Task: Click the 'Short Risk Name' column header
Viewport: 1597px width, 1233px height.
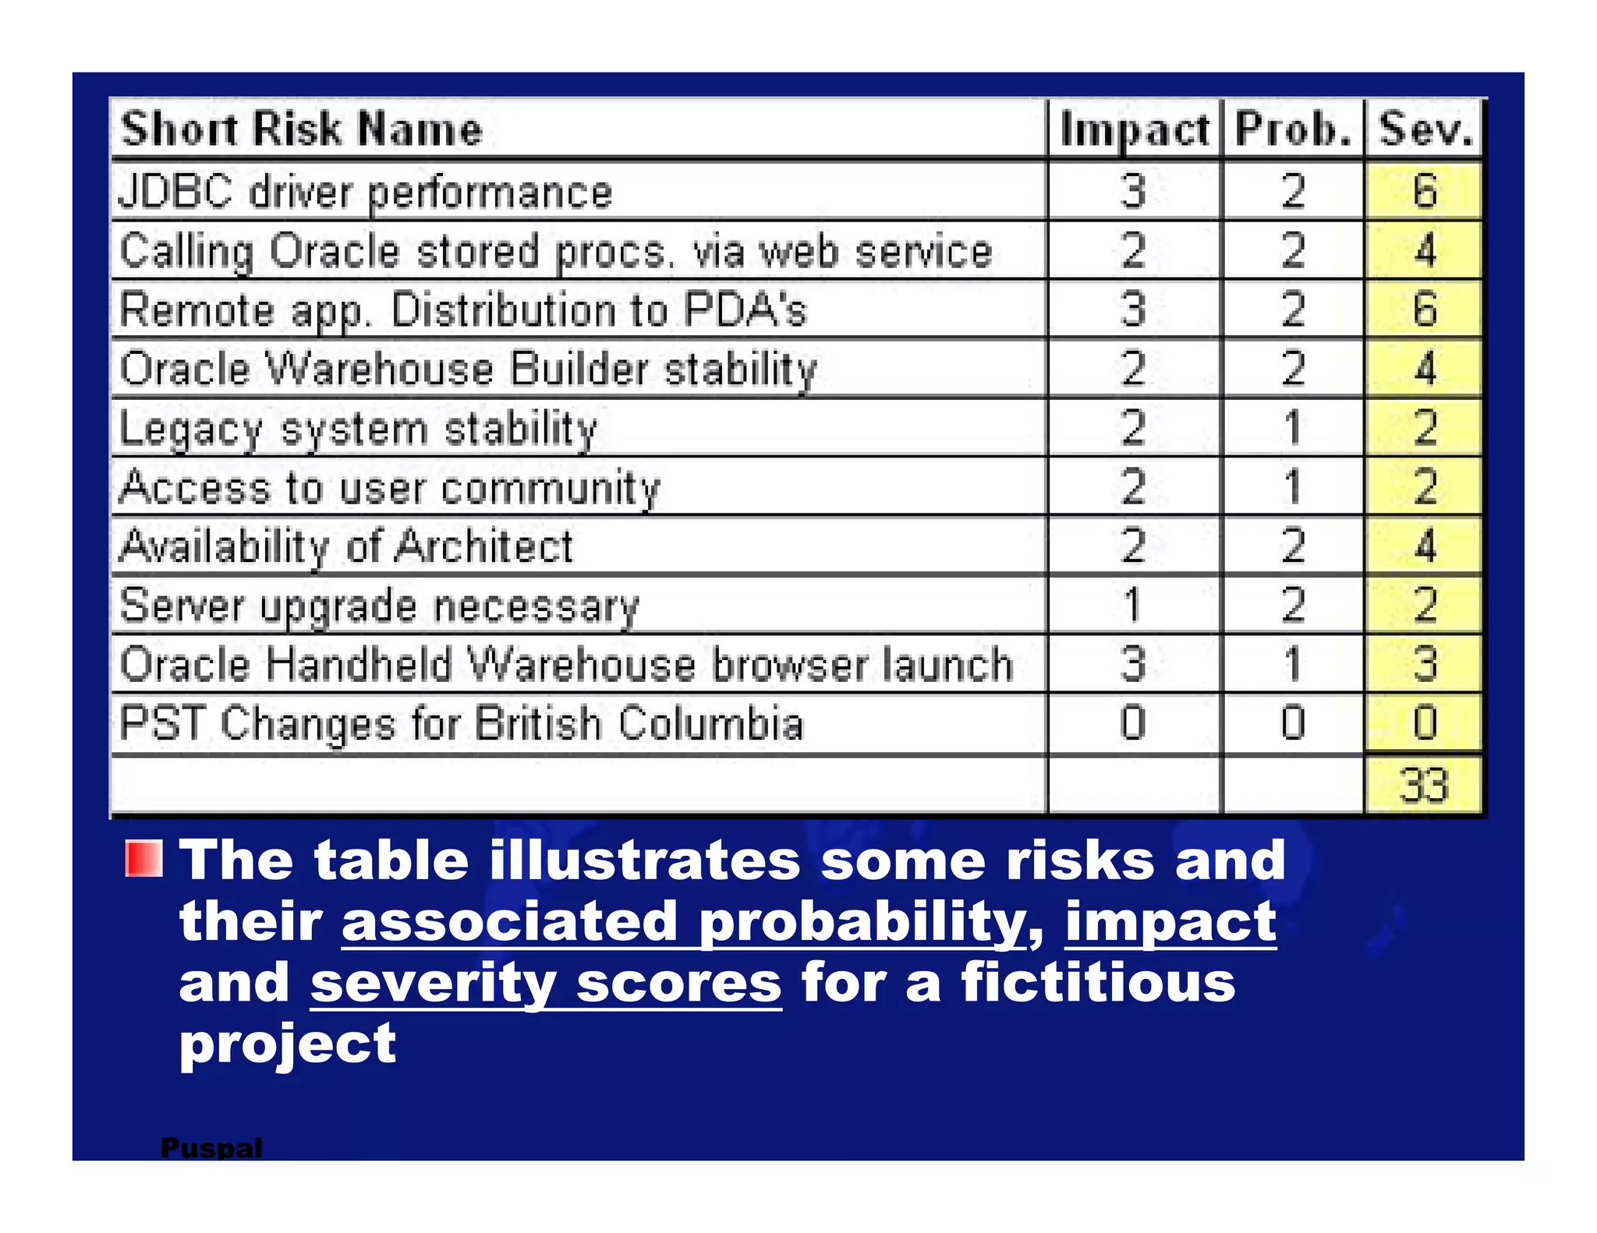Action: click(x=302, y=129)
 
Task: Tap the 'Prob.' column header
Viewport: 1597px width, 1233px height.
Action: click(x=1293, y=129)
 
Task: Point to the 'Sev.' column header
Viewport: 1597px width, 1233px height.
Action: click(x=1425, y=129)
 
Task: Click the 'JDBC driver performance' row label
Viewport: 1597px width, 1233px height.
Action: click(x=365, y=192)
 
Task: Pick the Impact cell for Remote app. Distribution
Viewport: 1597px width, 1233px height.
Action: click(x=1133, y=309)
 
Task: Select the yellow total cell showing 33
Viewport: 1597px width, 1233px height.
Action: click(x=1424, y=785)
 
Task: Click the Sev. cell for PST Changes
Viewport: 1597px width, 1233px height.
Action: click(x=1424, y=723)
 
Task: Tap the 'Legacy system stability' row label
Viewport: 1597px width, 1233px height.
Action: click(x=358, y=429)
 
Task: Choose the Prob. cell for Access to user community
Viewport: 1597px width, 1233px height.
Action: click(x=1292, y=487)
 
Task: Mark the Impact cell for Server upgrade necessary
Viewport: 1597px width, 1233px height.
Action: click(x=1133, y=605)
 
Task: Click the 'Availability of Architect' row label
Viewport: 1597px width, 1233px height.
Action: click(x=346, y=546)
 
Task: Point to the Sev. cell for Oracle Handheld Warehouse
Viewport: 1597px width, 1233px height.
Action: click(x=1424, y=664)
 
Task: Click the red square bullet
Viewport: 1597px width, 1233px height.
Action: click(x=143, y=859)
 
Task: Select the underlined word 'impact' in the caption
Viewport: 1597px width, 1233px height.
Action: click(x=1170, y=922)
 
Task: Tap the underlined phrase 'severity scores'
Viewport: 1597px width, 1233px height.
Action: click(x=546, y=983)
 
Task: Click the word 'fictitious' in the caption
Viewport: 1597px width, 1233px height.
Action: click(x=1098, y=983)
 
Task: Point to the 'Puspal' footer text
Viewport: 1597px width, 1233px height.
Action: click(x=211, y=1147)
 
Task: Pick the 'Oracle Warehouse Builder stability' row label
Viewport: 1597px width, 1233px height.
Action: click(x=468, y=369)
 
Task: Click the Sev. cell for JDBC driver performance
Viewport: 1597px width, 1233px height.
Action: click(x=1424, y=192)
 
